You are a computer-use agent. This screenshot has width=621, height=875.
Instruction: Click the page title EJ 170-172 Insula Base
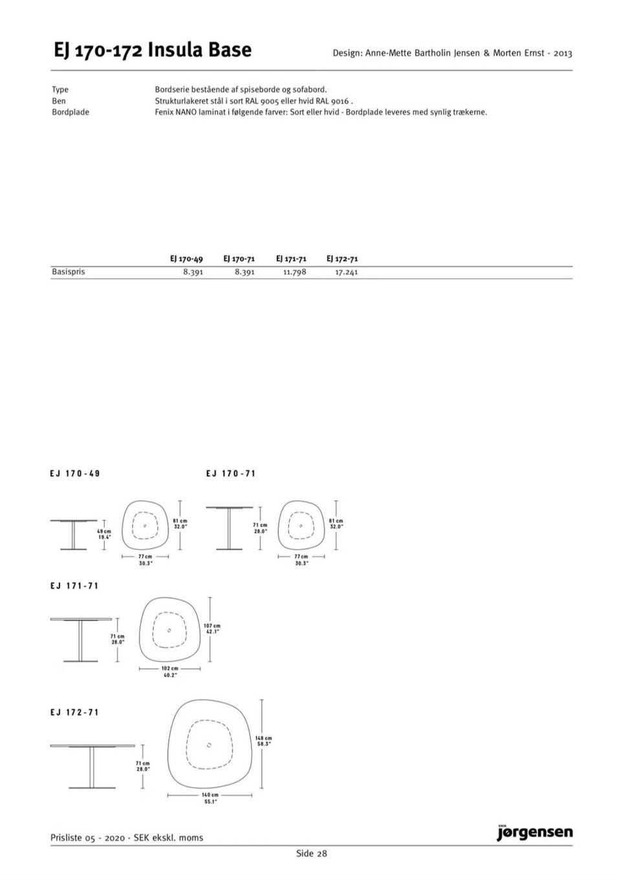153,50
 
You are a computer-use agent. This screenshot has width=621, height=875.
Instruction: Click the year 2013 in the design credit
563,53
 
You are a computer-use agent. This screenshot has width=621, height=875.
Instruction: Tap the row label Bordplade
71,113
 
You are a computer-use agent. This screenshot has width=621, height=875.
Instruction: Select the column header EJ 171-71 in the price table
291,259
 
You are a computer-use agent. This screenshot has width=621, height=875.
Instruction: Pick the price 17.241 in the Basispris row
347,272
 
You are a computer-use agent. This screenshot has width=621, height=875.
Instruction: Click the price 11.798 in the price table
295,272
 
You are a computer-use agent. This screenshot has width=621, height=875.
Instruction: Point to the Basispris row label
68,272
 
